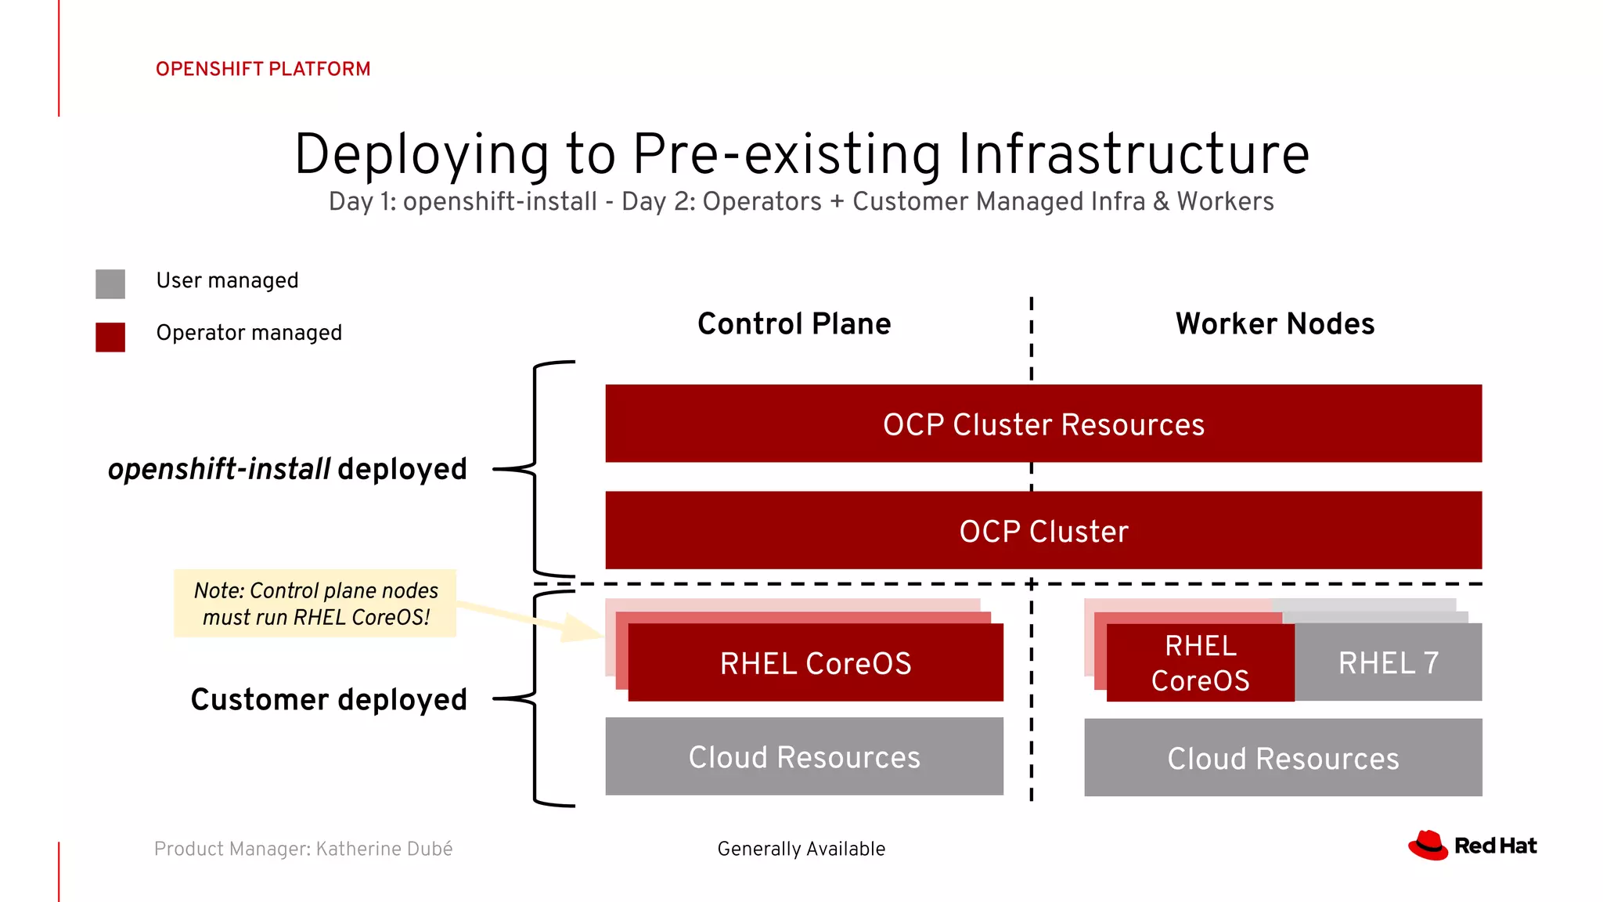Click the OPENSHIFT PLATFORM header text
[263, 69]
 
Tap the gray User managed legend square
[110, 283]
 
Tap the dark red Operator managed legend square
[110, 337]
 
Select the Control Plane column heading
[794, 323]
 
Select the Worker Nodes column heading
[1274, 323]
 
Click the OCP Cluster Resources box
[1043, 424]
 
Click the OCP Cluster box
[1043, 531]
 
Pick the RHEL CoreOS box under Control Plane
[815, 663]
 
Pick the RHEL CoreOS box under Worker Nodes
[1200, 663]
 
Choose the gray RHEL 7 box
[1388, 663]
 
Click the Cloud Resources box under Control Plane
[804, 757]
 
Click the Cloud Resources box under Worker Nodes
[1283, 758]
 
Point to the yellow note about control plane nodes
[315, 604]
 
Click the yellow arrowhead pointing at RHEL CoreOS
[583, 627]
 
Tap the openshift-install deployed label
[287, 469]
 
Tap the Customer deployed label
[329, 699]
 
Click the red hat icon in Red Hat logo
[1428, 846]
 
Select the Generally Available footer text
[801, 849]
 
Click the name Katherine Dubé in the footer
[384, 849]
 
